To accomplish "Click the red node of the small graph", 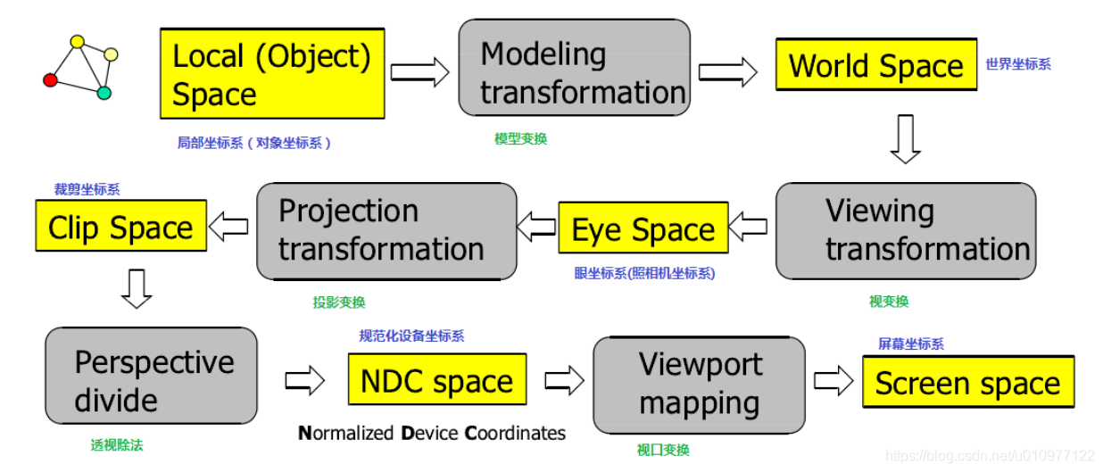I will click(50, 80).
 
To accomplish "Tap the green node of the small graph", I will click(104, 92).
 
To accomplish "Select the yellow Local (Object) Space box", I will click(272, 74).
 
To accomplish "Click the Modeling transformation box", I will click(574, 68).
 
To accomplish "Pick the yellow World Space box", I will click(875, 64).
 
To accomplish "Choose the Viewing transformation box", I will click(905, 231).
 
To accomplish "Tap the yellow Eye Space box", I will click(643, 228).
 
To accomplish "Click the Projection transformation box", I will click(386, 231).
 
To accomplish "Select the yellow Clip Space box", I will click(120, 226).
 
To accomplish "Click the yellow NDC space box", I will click(436, 380).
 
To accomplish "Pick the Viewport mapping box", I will click(699, 384).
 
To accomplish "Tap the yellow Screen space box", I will click(967, 382).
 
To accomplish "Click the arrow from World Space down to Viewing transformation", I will click(905, 138).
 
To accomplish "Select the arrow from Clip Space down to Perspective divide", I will click(136, 288).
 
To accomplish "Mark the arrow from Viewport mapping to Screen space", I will click(833, 381).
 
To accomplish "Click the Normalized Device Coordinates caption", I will click(431, 434).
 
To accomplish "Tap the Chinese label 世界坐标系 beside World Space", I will click(1017, 64).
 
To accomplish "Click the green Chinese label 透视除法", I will click(116, 444).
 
